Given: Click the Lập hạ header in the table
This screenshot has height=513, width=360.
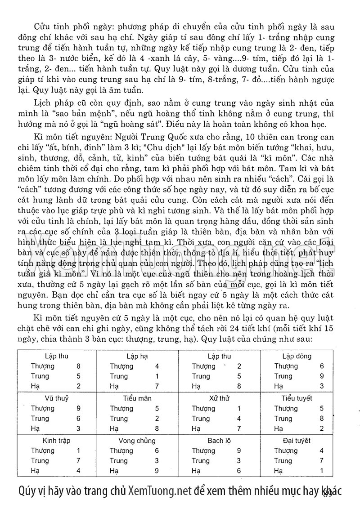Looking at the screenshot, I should click(138, 357).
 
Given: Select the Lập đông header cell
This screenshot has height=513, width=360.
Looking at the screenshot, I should click(297, 357).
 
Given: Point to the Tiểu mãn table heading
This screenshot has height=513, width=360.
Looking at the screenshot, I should click(138, 398).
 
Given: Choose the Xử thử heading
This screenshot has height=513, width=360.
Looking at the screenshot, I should click(219, 398).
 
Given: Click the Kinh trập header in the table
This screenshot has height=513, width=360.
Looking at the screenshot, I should click(56, 441).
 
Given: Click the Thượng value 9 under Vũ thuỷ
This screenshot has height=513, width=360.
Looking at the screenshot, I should click(79, 409).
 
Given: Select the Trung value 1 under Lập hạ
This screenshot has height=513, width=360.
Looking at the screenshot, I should click(157, 376).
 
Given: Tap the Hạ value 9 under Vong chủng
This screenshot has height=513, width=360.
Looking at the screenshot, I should click(157, 471).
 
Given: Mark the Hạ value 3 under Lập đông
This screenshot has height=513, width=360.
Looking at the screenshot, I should click(322, 386).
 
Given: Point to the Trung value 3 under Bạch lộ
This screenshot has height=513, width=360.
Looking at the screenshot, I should click(239, 461).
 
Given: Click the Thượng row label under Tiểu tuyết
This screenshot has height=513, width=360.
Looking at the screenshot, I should click(286, 409).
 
